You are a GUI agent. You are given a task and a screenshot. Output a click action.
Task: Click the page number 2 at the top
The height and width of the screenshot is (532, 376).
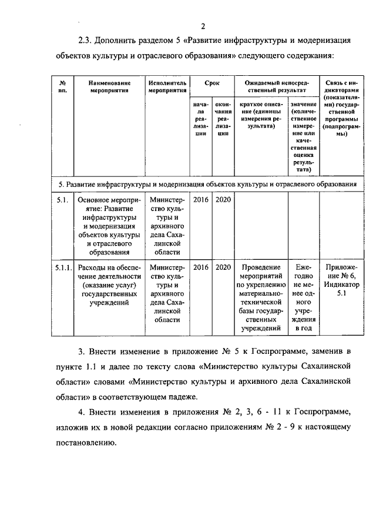203,26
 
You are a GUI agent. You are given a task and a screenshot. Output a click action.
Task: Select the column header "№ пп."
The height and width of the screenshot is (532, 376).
63,88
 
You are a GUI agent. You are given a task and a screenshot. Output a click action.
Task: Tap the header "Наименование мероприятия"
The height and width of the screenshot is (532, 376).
106,88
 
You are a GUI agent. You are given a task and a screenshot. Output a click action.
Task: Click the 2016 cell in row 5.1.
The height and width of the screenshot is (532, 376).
201,200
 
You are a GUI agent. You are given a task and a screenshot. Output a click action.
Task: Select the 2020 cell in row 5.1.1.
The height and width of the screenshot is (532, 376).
223,267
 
